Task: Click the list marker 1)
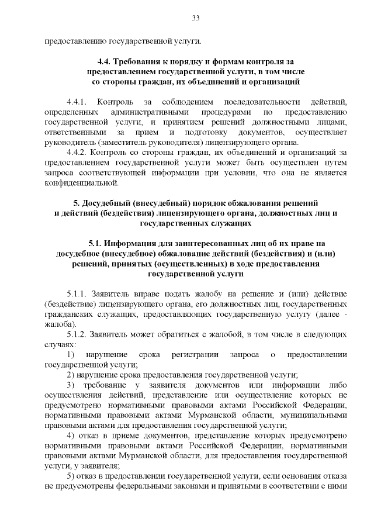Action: pyautogui.click(x=70, y=354)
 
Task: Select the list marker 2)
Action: pyautogui.click(x=70, y=374)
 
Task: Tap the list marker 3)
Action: pyautogui.click(x=70, y=385)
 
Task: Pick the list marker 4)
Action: pyautogui.click(x=70, y=435)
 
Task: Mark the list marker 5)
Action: pyautogui.click(x=70, y=476)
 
